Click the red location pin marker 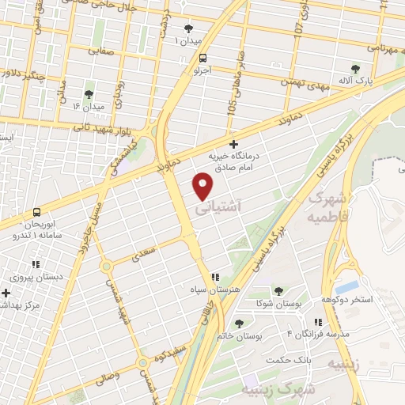pos(203,187)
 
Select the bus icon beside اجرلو pos(203,58)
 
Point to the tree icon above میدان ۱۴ pos(88,94)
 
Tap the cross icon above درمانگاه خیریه pos(233,144)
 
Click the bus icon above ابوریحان pos(36,211)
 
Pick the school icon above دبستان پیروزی pos(35,265)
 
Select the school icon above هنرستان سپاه pos(214,278)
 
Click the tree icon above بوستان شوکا pos(278,290)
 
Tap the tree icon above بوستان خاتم pos(240,323)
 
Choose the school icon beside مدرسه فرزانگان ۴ pos(317,323)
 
